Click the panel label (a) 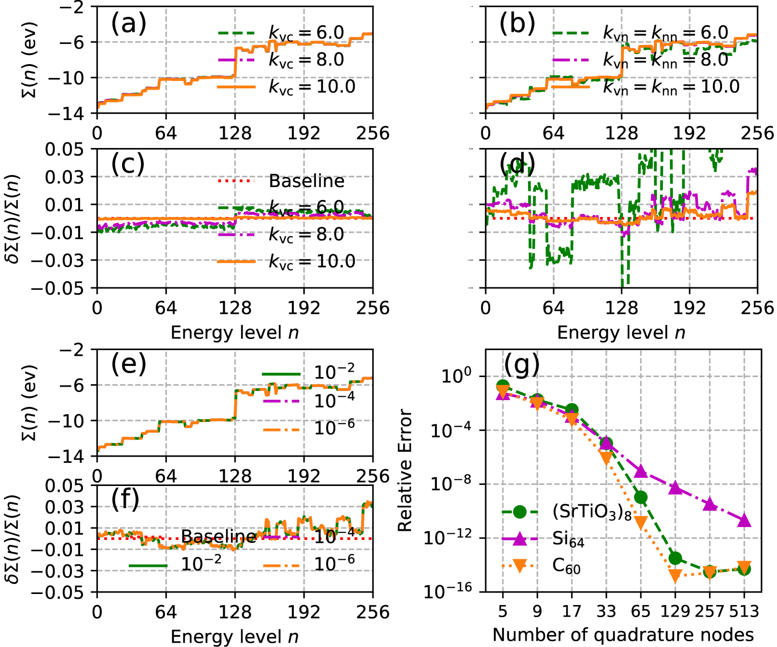(128, 24)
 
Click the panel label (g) (521, 365)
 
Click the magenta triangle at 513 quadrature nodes (744, 520)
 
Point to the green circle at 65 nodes (641, 497)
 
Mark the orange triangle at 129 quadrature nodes (675, 575)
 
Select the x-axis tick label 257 (709, 611)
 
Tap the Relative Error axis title (405, 471)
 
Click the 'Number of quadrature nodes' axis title (623, 635)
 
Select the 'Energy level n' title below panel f (234, 637)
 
